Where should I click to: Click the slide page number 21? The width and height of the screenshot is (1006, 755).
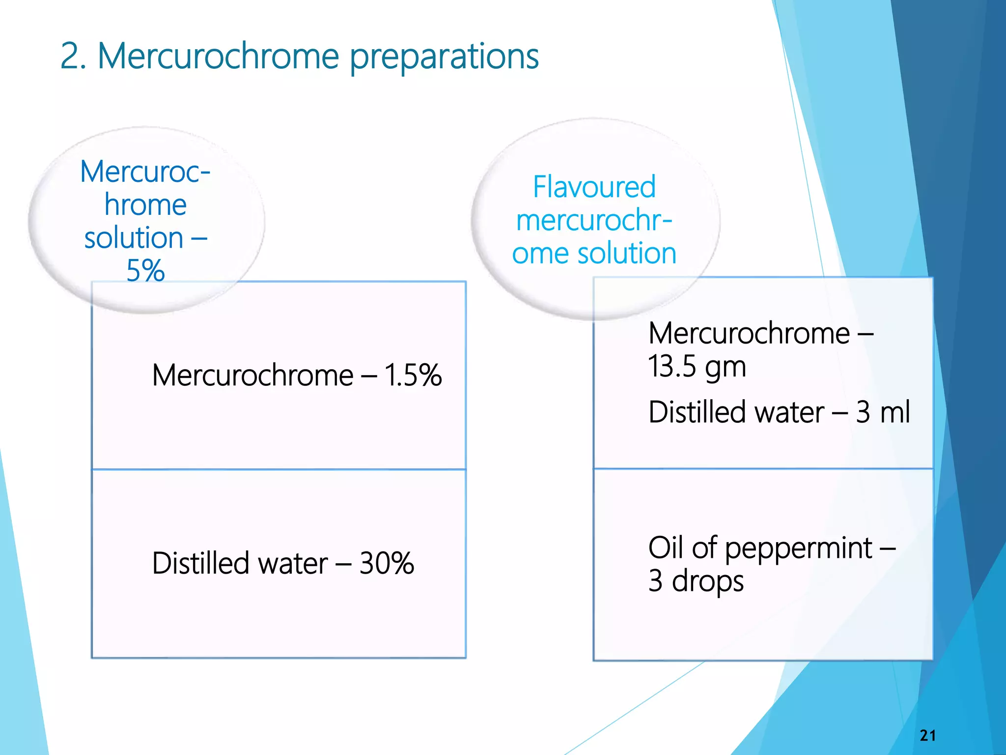(927, 735)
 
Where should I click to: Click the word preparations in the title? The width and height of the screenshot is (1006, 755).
(444, 57)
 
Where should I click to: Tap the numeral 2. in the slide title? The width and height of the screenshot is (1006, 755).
(73, 56)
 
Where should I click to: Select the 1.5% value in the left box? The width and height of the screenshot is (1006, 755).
(413, 376)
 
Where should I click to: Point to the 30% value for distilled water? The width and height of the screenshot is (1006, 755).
(387, 563)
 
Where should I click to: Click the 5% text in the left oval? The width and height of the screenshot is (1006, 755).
(145, 270)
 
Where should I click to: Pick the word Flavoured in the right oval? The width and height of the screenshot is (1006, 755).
(594, 187)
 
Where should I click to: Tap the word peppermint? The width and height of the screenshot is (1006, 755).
(799, 549)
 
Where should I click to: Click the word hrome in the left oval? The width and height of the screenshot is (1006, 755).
(145, 204)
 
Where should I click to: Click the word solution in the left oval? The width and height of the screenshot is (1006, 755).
(134, 238)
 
